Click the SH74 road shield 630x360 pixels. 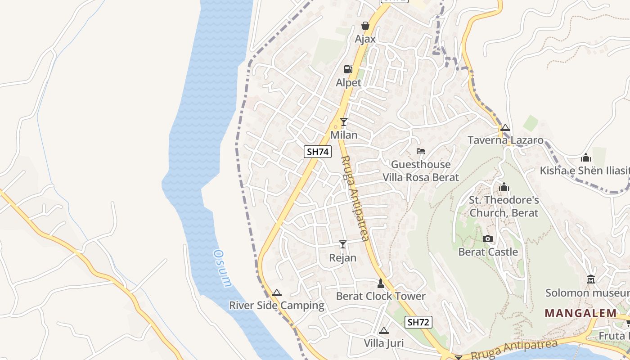point(318,152)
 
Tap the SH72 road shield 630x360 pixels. point(418,322)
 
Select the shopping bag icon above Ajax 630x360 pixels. point(365,26)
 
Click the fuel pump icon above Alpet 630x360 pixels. point(348,69)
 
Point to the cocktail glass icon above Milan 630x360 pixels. point(344,121)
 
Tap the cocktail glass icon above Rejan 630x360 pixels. point(343,244)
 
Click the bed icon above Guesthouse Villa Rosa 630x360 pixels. point(421,151)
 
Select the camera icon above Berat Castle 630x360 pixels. point(488,238)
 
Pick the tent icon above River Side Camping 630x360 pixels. point(277,292)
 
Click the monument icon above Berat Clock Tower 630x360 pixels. point(381,283)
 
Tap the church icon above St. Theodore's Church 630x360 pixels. point(504,186)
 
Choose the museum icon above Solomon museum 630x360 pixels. point(591,279)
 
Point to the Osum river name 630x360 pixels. point(223,268)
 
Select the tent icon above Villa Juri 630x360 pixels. point(384,330)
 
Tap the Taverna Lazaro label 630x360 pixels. point(506,140)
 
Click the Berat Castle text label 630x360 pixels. point(488,252)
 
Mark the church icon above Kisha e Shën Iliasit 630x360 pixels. point(586,157)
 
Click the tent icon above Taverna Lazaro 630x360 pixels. point(505,127)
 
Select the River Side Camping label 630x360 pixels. point(277,306)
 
